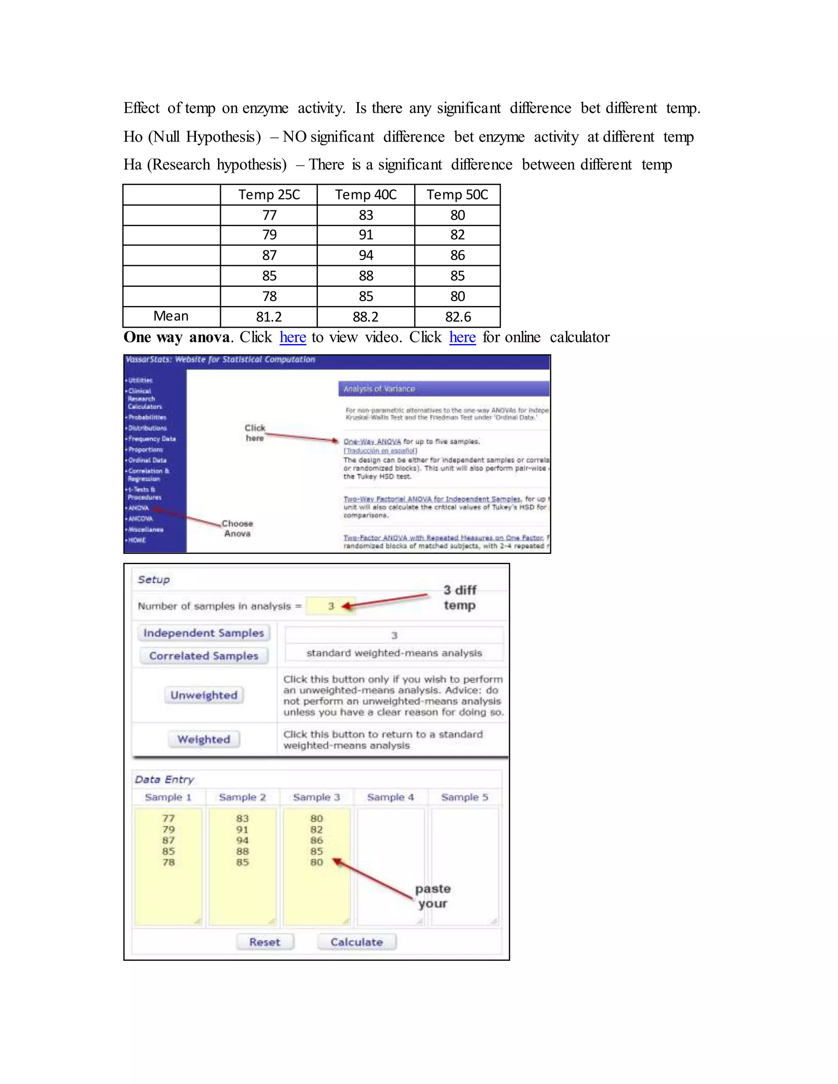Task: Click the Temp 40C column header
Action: click(366, 195)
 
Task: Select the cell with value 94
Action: click(366, 255)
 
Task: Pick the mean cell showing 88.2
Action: click(366, 317)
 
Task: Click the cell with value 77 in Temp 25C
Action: click(269, 215)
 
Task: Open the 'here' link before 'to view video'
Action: click(293, 337)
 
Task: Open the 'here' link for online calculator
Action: click(462, 337)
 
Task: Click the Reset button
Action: click(265, 942)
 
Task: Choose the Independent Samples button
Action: click(203, 633)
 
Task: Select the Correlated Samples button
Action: click(203, 656)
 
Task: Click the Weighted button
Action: click(203, 739)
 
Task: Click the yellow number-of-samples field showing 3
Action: click(331, 606)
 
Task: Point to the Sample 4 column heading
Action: click(390, 797)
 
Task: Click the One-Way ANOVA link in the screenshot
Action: click(372, 441)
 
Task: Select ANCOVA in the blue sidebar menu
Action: click(140, 519)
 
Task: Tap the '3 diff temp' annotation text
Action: click(460, 598)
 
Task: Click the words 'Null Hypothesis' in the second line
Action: click(205, 137)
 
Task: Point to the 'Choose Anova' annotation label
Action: click(237, 529)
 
